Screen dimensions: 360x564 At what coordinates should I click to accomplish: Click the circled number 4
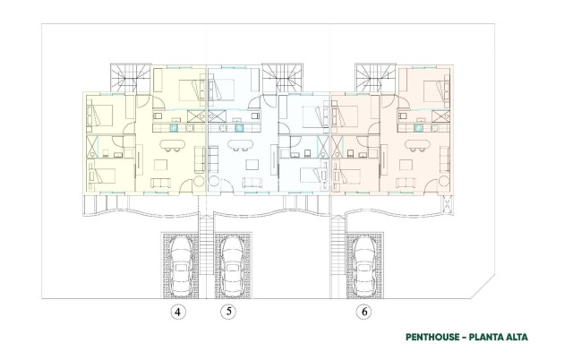(178, 313)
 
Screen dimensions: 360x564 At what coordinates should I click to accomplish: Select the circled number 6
(363, 313)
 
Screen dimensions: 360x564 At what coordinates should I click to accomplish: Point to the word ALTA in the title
(514, 338)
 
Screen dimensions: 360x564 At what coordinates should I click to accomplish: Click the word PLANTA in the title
(483, 338)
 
